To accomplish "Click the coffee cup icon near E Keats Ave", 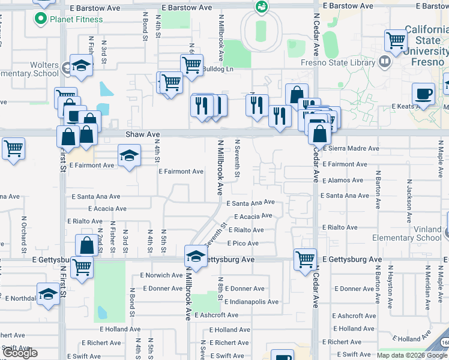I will pyautogui.click(x=424, y=95).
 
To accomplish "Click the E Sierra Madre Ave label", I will pyautogui.click(x=351, y=148).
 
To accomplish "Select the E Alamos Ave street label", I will pyautogui.click(x=342, y=180).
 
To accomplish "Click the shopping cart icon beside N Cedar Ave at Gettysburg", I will pyautogui.click(x=306, y=259).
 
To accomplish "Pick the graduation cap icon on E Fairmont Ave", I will pyautogui.click(x=129, y=156).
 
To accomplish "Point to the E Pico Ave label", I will pyautogui.click(x=243, y=244).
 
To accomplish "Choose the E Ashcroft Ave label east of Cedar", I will pyautogui.click(x=357, y=316).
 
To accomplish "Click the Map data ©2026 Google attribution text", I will pyautogui.click(x=412, y=355).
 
